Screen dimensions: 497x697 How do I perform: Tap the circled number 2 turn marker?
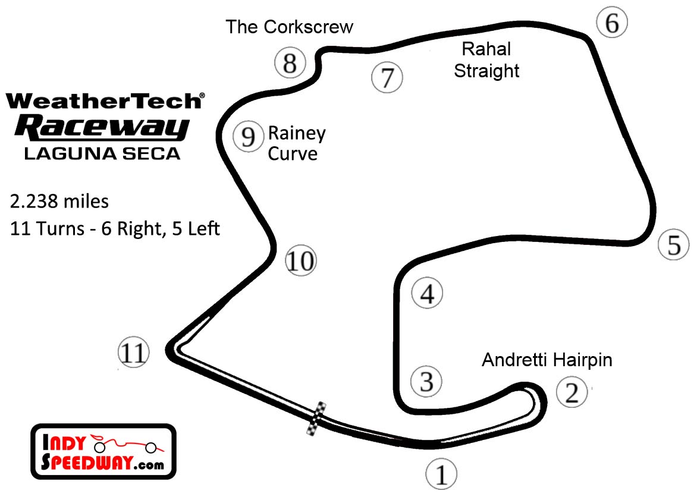(572, 392)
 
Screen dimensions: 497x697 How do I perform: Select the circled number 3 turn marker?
(427, 381)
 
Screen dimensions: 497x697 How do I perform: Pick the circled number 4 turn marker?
(428, 294)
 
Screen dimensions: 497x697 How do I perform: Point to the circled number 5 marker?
(674, 244)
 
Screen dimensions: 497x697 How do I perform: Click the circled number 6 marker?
(612, 23)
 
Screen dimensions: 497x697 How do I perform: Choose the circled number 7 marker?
(387, 77)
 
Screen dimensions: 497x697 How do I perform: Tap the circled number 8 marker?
(290, 62)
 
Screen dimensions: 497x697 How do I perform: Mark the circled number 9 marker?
(248, 137)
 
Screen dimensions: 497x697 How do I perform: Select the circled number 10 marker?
(301, 260)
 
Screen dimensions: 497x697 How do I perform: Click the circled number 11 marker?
(133, 353)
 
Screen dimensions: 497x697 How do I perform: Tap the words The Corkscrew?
(289, 27)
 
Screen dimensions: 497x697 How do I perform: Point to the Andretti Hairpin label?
(547, 360)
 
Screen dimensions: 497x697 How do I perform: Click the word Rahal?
(486, 49)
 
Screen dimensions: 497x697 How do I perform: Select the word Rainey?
(297, 133)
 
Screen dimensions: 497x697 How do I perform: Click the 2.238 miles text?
(59, 202)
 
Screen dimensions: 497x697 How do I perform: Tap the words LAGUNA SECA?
(102, 153)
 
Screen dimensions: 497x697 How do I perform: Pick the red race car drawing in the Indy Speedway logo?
(125, 443)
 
